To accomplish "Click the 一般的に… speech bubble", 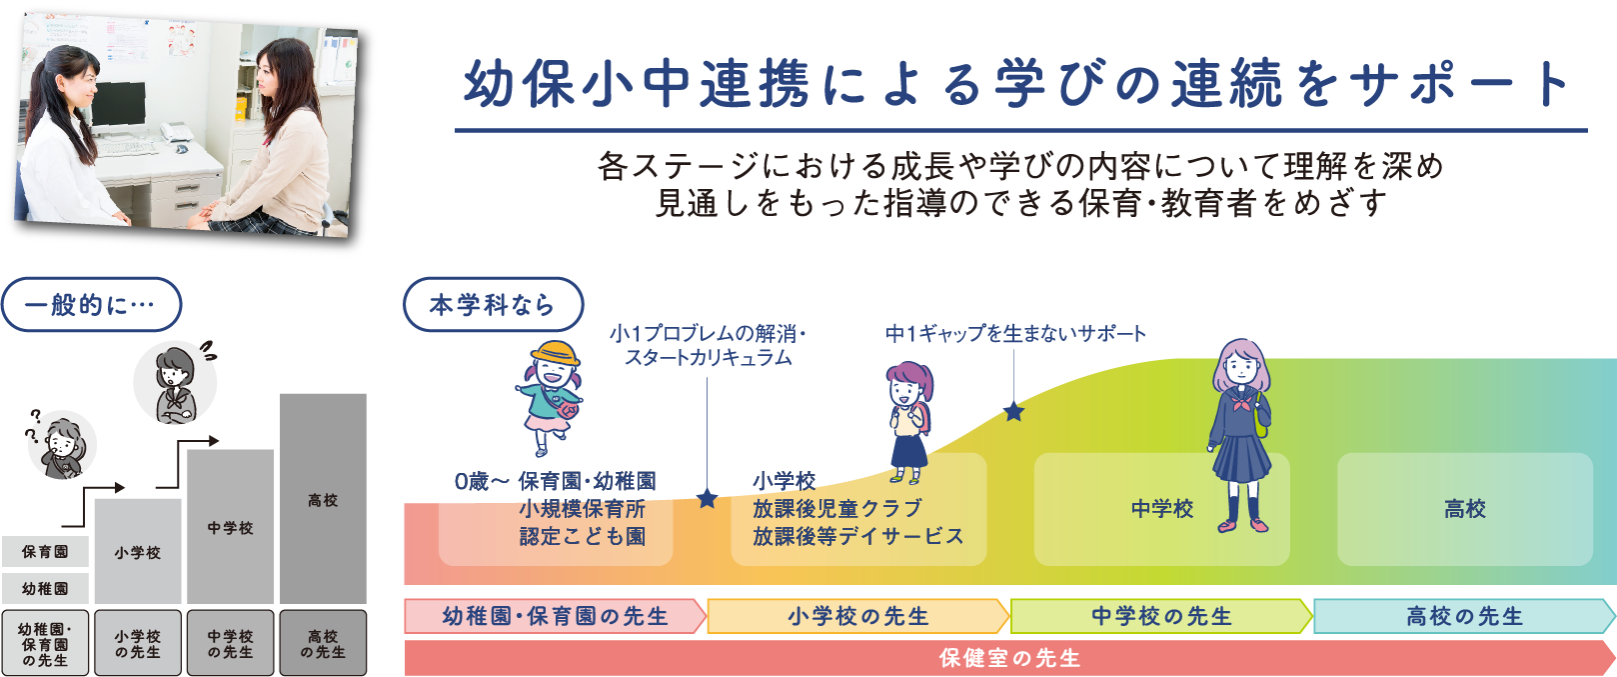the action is click(91, 305).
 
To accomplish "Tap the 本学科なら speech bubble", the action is click(493, 305).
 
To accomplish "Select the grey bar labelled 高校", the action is click(323, 499).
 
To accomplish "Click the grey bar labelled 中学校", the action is click(230, 527).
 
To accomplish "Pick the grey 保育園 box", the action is click(45, 552).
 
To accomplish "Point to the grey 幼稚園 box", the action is click(45, 589).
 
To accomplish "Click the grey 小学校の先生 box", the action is click(137, 643).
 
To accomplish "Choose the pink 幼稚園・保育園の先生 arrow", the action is click(555, 616).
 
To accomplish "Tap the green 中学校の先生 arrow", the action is click(1161, 616).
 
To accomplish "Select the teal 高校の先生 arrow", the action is click(1465, 616).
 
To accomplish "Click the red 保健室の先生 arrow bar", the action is click(1009, 658).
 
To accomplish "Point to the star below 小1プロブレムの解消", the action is click(708, 499).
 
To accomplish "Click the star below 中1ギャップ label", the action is click(1014, 412).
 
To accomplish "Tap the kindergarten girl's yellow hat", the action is click(555, 354).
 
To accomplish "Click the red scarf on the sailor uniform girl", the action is click(1241, 400).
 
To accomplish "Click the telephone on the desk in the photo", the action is click(177, 132).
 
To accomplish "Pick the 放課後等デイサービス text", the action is click(858, 536).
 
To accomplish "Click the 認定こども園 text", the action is click(583, 536).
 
